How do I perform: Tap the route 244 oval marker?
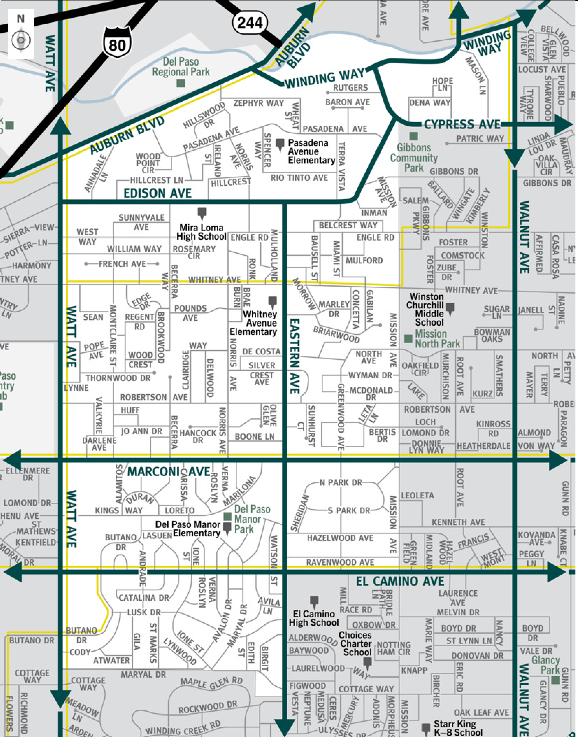[250, 23]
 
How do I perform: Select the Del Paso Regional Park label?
[181, 67]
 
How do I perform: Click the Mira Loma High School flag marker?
[202, 213]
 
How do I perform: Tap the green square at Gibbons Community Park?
[413, 136]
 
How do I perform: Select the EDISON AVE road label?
[158, 193]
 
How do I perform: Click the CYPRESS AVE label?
[462, 125]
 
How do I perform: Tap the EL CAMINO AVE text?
[400, 581]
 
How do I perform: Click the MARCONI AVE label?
[169, 471]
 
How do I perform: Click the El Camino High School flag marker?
[314, 601]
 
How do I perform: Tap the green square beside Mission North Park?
[408, 338]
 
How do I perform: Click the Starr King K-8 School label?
[457, 728]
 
